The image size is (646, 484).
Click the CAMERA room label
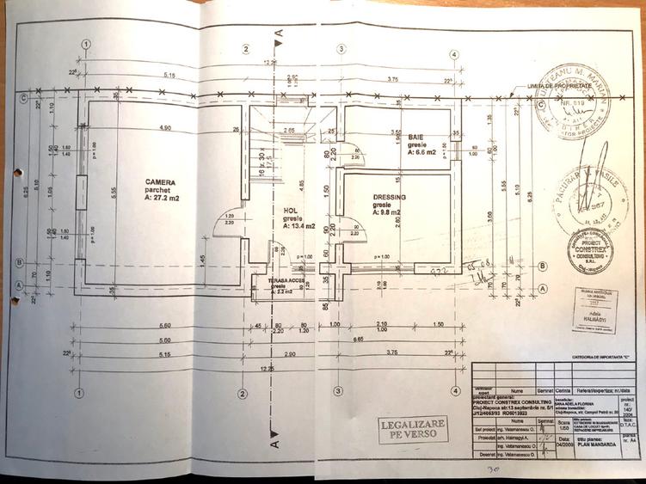(160, 182)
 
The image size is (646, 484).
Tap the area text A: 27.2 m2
(163, 198)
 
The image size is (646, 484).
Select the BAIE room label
(415, 137)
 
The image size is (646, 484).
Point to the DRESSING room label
(389, 197)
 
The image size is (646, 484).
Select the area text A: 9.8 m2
(389, 214)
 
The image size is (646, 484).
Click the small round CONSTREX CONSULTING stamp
(590, 250)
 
